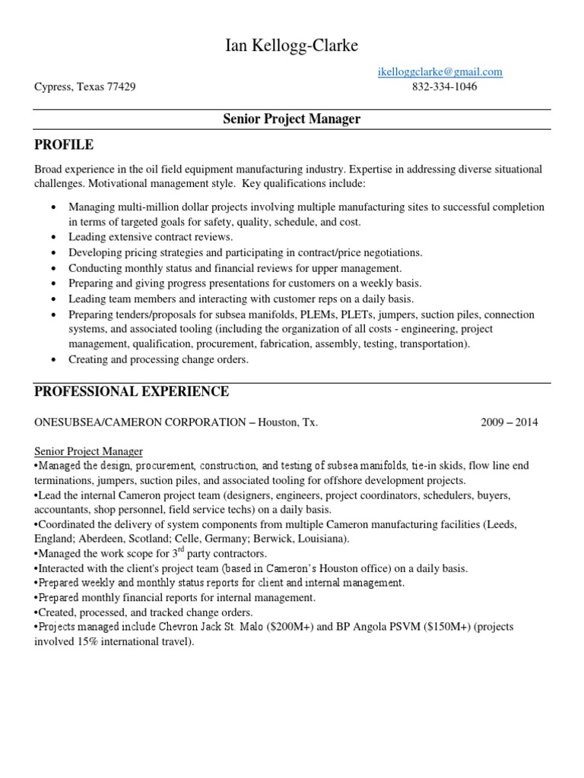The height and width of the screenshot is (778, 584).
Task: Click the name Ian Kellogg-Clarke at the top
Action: (x=291, y=47)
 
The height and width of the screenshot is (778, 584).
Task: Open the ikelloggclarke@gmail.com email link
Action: (x=440, y=72)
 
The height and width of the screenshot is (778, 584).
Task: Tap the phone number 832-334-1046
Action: (x=445, y=87)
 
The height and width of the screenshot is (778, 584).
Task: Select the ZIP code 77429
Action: (x=122, y=87)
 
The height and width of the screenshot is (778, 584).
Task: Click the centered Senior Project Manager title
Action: (x=291, y=119)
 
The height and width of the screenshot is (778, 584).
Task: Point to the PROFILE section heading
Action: (x=64, y=144)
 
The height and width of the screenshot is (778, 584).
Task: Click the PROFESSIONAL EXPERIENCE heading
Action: (x=132, y=392)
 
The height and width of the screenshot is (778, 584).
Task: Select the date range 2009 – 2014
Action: (x=509, y=422)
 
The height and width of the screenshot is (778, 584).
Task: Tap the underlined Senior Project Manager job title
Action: (x=89, y=451)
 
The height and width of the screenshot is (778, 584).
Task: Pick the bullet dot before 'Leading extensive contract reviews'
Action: (x=52, y=238)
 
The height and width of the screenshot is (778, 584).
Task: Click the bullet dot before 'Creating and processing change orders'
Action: (x=52, y=360)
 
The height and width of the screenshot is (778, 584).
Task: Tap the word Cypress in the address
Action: (x=52, y=87)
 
